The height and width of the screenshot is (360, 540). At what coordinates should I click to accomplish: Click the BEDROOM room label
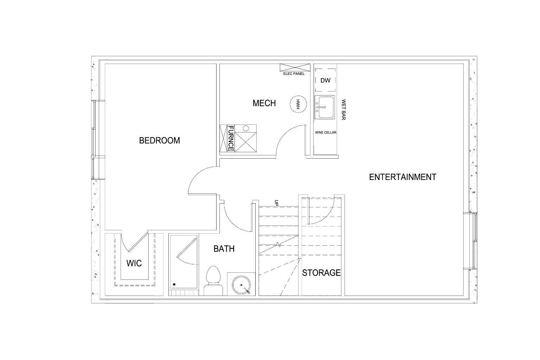pyautogui.click(x=159, y=141)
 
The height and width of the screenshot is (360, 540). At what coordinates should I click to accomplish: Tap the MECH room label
pyautogui.click(x=264, y=103)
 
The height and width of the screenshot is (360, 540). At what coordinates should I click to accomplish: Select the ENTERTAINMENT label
pyautogui.click(x=403, y=177)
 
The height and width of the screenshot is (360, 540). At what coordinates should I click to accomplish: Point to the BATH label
pyautogui.click(x=224, y=249)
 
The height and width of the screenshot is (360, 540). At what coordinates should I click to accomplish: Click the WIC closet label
pyautogui.click(x=134, y=263)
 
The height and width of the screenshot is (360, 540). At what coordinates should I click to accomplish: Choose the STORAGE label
pyautogui.click(x=321, y=273)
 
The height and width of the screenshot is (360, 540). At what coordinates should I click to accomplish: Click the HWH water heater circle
pyautogui.click(x=297, y=104)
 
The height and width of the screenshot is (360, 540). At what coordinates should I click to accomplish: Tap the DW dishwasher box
pyautogui.click(x=326, y=81)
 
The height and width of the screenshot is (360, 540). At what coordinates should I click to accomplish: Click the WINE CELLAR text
pyautogui.click(x=326, y=133)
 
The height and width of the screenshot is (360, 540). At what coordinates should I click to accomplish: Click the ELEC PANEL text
pyautogui.click(x=294, y=74)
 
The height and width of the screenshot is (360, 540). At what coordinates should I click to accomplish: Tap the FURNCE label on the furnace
pyautogui.click(x=231, y=138)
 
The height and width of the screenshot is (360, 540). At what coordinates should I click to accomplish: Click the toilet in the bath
pyautogui.click(x=213, y=281)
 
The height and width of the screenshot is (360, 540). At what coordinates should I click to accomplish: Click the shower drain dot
pyautogui.click(x=174, y=284)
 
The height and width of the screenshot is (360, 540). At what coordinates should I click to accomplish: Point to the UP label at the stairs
pyautogui.click(x=276, y=203)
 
